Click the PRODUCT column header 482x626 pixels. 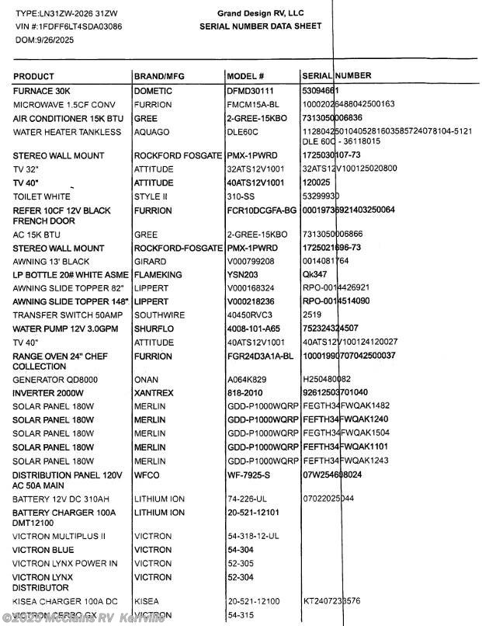pyautogui.click(x=33, y=76)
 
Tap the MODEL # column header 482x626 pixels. pyautogui.click(x=245, y=76)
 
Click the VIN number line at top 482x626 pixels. pyautogui.click(x=68, y=26)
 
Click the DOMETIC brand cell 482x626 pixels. pyautogui.click(x=153, y=91)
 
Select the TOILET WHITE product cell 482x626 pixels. pyautogui.click(x=42, y=196)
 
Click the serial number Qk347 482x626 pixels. pyautogui.click(x=314, y=275)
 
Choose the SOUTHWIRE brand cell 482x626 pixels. pyautogui.click(x=159, y=315)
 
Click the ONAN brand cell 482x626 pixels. pyautogui.click(x=147, y=379)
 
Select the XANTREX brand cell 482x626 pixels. pyautogui.click(x=154, y=393)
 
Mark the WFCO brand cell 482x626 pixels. pyautogui.click(x=147, y=475)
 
